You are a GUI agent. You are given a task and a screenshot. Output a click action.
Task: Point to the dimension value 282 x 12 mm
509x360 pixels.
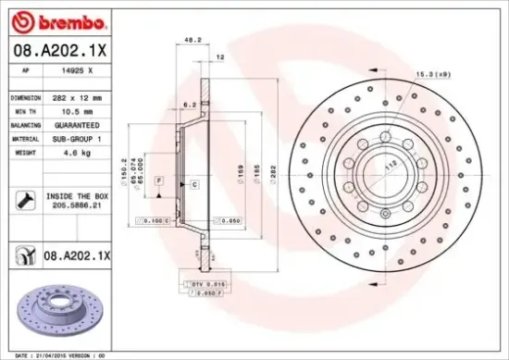tap(78, 96)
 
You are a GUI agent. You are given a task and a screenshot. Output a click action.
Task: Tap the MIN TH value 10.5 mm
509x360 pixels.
tap(76, 110)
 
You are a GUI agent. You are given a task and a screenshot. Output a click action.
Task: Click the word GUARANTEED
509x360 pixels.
tap(79, 124)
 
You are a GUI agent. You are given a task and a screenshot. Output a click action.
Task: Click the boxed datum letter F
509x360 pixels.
tap(158, 178)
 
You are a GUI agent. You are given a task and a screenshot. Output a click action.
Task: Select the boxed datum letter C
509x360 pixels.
tap(195, 185)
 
